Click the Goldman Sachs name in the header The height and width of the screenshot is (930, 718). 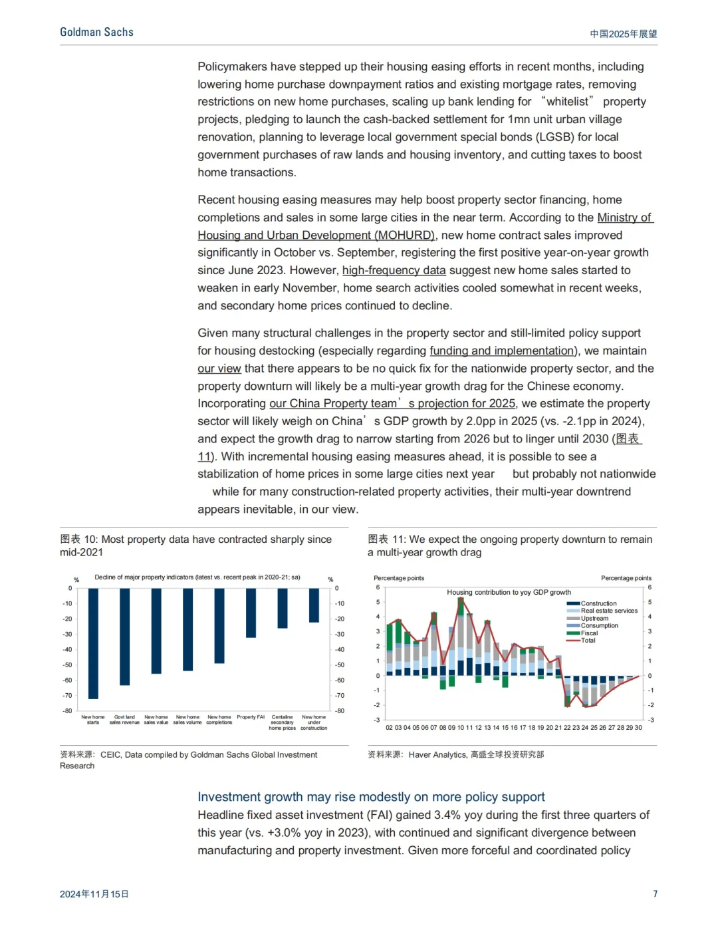tap(96, 32)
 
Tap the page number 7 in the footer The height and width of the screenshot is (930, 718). tap(655, 893)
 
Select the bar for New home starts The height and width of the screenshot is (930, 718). tap(93, 643)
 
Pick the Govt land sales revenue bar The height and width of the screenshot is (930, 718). tap(124, 636)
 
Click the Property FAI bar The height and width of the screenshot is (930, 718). tap(251, 613)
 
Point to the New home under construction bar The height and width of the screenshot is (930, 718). tap(314, 605)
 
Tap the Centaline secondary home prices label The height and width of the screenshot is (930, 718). tap(282, 722)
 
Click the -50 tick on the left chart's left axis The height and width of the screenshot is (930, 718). tap(67, 665)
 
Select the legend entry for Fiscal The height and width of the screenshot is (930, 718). tap(589, 633)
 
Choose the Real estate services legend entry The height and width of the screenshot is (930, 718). tap(608, 611)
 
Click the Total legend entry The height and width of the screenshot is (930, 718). tap(588, 641)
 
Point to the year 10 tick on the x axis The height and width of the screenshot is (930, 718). tap(461, 728)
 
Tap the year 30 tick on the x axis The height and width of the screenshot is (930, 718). tap(638, 728)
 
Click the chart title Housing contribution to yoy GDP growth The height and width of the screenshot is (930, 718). tap(509, 592)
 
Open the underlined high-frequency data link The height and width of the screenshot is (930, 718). tap(394, 270)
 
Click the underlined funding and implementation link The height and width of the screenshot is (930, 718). tap(503, 351)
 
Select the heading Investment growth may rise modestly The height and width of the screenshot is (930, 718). tap(371, 797)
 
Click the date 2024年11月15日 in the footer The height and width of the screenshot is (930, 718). tap(94, 894)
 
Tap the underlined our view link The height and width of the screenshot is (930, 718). tap(219, 369)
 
